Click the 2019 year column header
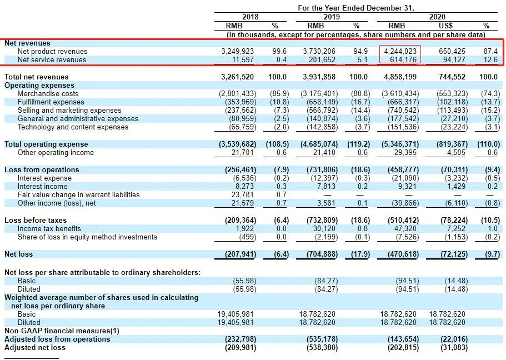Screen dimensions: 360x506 point(332,17)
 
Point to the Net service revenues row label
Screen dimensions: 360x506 point(52,60)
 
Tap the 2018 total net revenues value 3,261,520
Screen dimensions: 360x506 point(238,77)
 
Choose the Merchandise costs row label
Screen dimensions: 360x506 point(48,94)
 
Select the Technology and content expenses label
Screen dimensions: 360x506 point(73,127)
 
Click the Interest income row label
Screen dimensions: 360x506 point(42,187)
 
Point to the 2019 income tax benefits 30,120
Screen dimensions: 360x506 point(324,229)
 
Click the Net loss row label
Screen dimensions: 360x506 point(18,254)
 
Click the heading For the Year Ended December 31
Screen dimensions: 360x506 point(356,8)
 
